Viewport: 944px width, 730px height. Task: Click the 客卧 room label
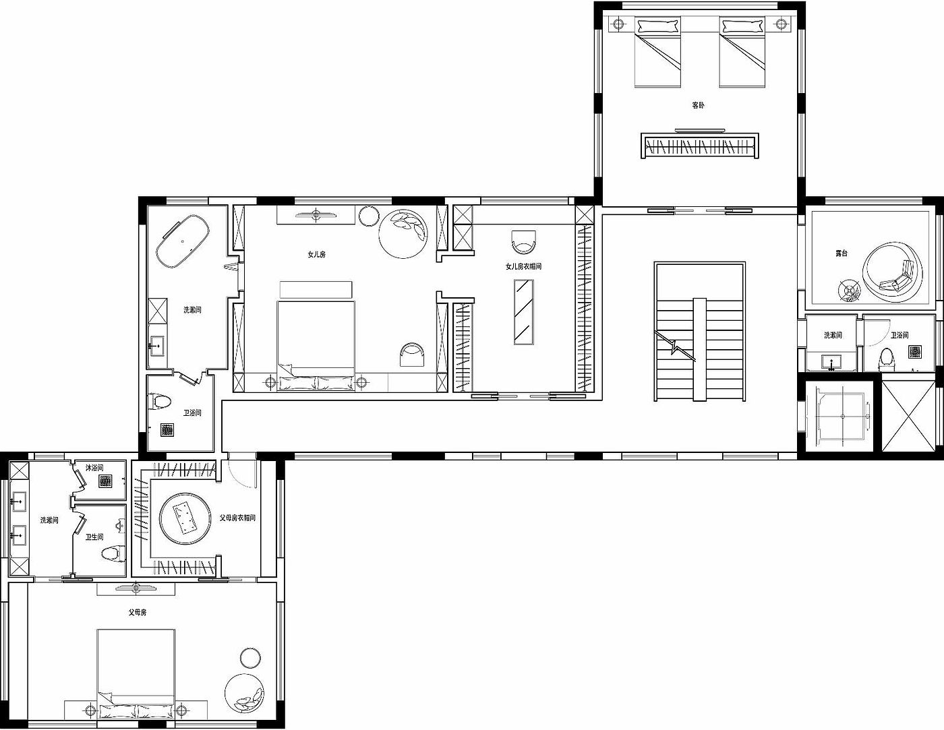coord(698,105)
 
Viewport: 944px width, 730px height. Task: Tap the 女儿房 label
coord(316,255)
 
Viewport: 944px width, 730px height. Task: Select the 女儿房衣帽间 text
coord(523,266)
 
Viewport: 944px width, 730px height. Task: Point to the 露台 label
coord(842,253)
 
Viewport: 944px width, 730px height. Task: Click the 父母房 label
coord(138,612)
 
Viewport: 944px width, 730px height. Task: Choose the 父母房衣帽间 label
coord(237,518)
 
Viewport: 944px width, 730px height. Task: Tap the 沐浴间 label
coord(94,468)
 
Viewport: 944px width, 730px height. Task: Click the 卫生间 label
coord(94,537)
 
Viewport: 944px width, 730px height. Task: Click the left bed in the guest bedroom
coord(657,52)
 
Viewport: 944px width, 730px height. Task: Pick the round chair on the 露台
coord(892,273)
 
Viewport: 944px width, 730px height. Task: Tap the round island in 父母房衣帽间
coord(185,518)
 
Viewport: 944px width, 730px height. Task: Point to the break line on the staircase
coord(675,346)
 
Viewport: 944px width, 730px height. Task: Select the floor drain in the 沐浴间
coord(105,481)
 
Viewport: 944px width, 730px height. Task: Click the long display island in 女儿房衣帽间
coord(523,312)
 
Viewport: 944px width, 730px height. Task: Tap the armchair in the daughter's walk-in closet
coord(523,242)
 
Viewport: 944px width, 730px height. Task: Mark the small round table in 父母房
coord(251,658)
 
